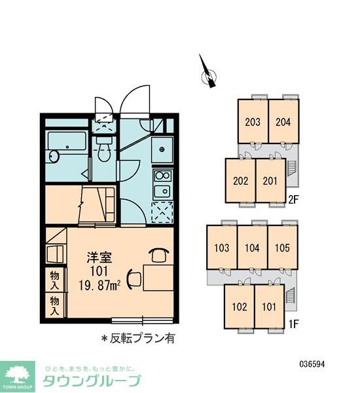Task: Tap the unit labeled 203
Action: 253,121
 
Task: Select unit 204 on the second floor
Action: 283,121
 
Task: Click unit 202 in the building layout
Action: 240,181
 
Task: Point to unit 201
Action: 270,181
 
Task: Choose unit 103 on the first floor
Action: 221,248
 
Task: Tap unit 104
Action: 252,248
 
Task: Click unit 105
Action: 283,248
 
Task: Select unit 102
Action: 240,306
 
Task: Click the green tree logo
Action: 19,375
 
